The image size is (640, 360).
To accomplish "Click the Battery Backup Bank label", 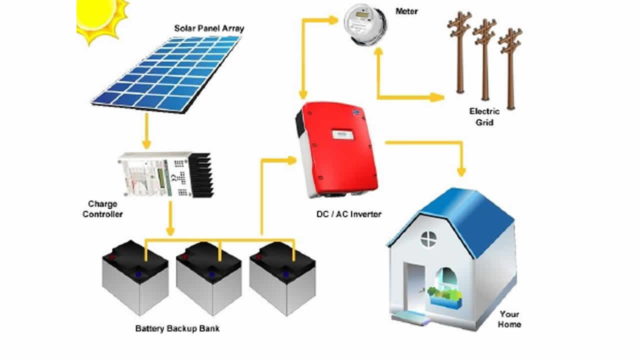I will click(177, 329).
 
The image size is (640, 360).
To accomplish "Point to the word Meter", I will click(406, 11).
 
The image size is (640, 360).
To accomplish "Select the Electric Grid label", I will click(484, 116).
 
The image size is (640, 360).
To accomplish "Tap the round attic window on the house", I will click(428, 238).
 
